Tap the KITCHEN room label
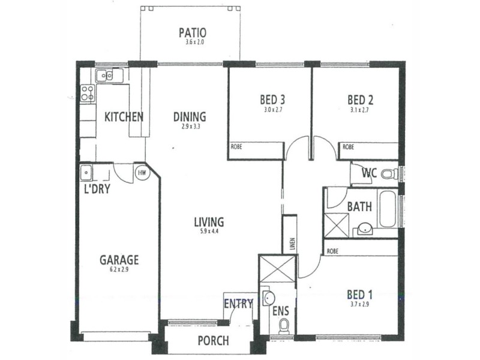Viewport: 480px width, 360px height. point(124,116)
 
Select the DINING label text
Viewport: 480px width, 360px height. point(190,116)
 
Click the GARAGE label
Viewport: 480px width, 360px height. point(119,260)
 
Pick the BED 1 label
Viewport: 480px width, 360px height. point(360,295)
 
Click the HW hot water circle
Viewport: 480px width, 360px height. point(142,173)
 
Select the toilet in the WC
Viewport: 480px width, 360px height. point(391,175)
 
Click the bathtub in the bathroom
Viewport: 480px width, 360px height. point(387,209)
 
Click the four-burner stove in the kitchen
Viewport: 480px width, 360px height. point(88,93)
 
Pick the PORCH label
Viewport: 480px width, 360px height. point(213,341)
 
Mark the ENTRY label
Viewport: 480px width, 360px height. point(238,304)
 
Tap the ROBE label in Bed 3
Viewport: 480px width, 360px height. point(237,146)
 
